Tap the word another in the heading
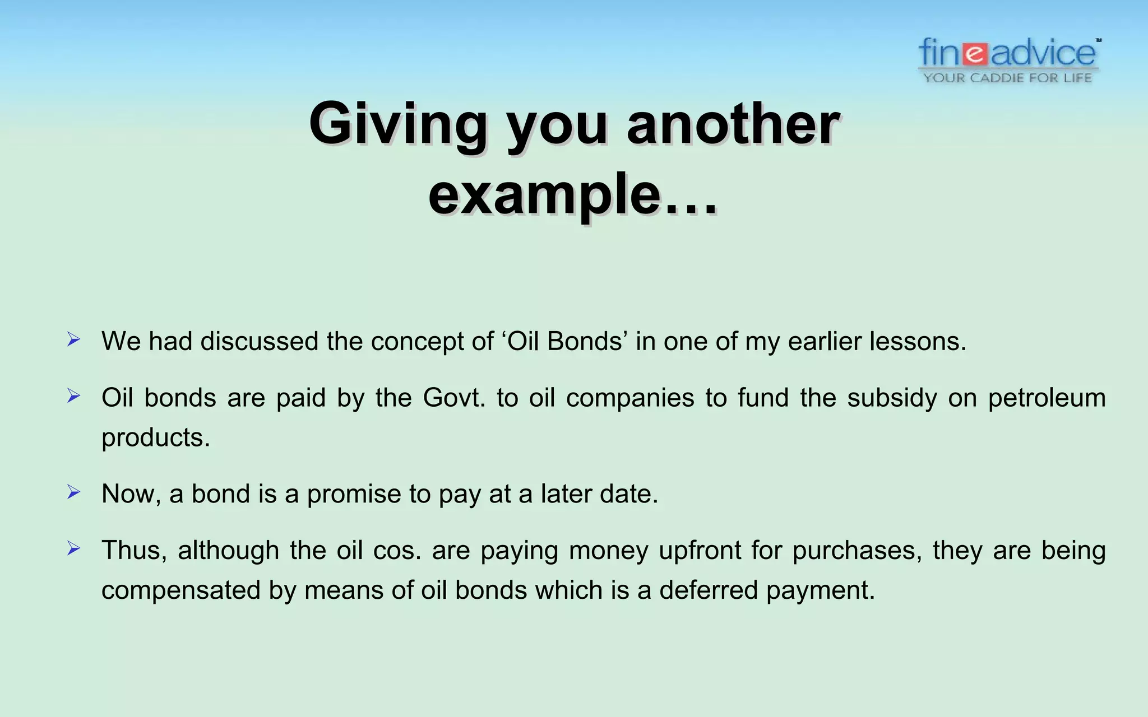733,124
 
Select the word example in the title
544,195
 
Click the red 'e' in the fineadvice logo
976,54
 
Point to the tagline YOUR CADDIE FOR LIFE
1008,78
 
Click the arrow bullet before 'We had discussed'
73,339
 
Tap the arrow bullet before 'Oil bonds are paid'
73,396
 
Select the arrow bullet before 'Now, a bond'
73,492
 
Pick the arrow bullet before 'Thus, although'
73,548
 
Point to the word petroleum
1047,398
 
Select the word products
155,437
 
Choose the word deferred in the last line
708,590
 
